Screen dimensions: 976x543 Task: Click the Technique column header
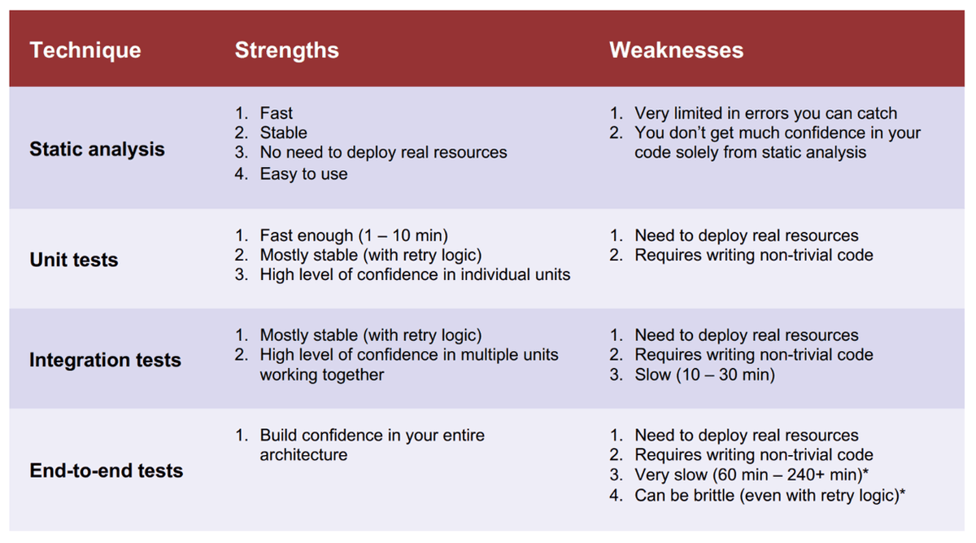(x=85, y=50)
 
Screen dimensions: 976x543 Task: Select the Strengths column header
(x=286, y=50)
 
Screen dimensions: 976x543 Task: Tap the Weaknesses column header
(x=676, y=50)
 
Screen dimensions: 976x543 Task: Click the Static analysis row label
(x=97, y=149)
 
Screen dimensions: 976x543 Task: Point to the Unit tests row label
(x=74, y=260)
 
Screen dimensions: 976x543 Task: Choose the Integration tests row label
(x=105, y=361)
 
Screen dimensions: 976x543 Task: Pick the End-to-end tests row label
(x=107, y=471)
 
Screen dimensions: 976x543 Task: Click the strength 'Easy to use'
(x=303, y=174)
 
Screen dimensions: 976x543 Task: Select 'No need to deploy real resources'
(x=383, y=152)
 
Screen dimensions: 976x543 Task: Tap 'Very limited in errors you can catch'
(x=765, y=113)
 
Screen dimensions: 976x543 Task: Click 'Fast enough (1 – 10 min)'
(x=354, y=235)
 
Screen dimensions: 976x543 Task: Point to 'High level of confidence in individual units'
(x=415, y=275)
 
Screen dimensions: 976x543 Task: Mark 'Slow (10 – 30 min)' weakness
(x=704, y=374)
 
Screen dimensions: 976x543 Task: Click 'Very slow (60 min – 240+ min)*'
(x=752, y=475)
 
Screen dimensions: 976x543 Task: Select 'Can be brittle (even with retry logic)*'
(x=769, y=496)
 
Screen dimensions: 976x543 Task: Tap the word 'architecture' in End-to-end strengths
(x=303, y=455)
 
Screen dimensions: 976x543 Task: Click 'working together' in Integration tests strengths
(x=321, y=375)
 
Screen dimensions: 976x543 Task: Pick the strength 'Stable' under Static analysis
(x=283, y=133)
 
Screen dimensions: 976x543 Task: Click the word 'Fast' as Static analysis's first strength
(x=276, y=113)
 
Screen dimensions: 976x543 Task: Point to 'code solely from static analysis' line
(x=750, y=152)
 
